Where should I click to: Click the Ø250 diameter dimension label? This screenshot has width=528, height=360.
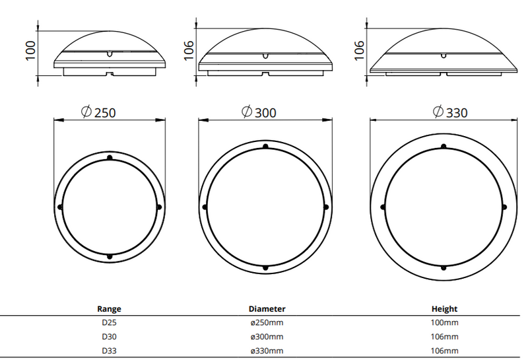98,112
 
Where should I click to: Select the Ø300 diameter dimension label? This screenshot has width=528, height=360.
258,112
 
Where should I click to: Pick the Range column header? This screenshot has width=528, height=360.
109,308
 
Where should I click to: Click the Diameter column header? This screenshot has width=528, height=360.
267,308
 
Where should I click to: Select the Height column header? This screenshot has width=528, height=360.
444,308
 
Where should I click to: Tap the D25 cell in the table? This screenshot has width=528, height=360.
109,322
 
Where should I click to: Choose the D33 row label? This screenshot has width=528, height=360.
109,351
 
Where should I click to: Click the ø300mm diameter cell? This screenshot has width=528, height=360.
267,336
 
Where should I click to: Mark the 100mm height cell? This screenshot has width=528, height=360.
444,322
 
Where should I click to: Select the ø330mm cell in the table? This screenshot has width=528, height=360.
267,351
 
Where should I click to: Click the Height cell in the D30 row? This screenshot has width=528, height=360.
444,336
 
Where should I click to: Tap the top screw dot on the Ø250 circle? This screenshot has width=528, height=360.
110,157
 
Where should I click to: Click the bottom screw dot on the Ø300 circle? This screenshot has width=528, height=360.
265,268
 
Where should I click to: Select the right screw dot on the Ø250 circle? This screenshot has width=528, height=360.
159,207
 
